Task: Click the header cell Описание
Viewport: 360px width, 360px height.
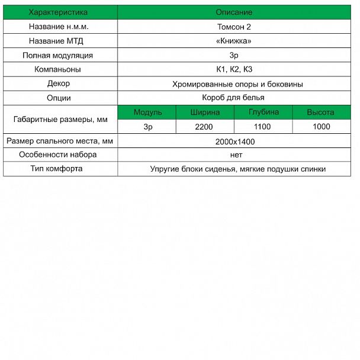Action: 238,12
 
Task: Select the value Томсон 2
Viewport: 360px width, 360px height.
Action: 238,27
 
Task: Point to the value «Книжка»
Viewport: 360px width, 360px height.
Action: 238,41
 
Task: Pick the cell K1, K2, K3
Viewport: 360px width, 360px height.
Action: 238,69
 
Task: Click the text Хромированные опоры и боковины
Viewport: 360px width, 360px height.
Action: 238,84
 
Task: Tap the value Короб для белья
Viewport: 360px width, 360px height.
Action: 238,98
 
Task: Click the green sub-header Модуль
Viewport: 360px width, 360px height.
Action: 147,112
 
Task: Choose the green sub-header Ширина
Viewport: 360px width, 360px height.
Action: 205,112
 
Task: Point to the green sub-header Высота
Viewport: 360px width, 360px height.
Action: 320,112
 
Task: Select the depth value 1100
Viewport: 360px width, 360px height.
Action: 262,127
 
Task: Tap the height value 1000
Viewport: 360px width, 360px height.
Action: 321,127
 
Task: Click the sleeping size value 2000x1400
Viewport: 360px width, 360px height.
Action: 238,142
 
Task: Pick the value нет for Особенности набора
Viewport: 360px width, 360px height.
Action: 238,155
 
